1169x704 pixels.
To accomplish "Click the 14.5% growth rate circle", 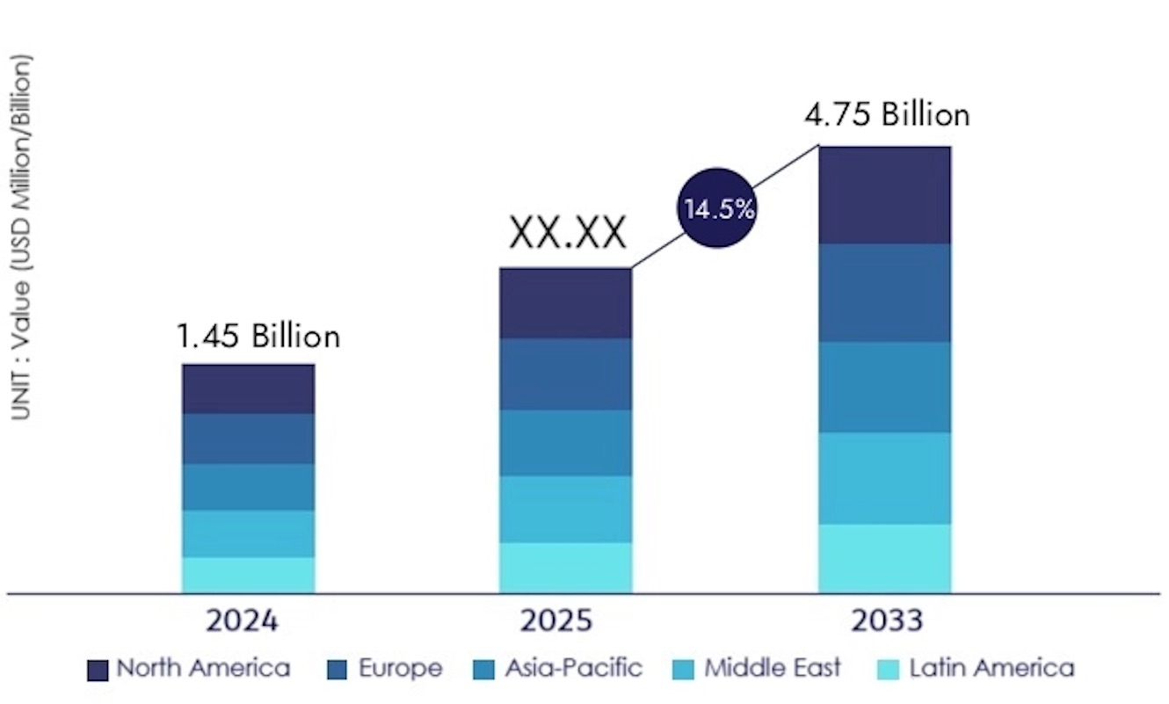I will [x=718, y=208].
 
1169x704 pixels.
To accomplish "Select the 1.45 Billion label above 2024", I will [x=258, y=336].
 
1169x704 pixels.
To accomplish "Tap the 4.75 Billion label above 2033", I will [x=887, y=114].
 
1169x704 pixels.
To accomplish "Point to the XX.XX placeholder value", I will [x=568, y=235].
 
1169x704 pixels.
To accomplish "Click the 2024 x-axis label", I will [x=242, y=621].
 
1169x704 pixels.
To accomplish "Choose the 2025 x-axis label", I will [x=556, y=621].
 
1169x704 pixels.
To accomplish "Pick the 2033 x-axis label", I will [x=887, y=621].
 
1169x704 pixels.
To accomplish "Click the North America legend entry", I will [x=189, y=669].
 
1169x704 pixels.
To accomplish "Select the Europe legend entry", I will [x=384, y=669].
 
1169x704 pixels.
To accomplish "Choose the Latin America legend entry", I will [x=976, y=669].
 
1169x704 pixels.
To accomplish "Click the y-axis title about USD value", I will [x=21, y=237].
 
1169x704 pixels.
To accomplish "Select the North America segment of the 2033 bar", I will [x=884, y=195].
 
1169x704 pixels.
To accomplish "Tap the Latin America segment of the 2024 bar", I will [x=249, y=575].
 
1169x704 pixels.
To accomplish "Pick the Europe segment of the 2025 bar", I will [x=565, y=374].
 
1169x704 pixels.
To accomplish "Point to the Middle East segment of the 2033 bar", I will [x=884, y=478].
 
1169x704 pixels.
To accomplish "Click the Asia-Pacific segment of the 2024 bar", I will [x=249, y=487].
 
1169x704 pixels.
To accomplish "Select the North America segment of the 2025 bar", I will [x=565, y=303].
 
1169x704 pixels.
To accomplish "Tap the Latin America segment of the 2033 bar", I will [x=884, y=558].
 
